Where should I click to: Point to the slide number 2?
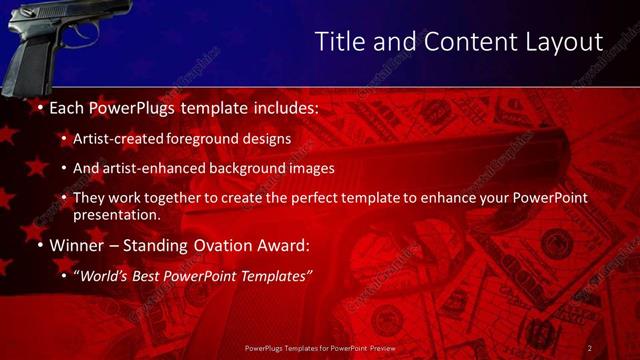[x=590, y=347]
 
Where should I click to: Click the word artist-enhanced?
[x=156, y=169]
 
